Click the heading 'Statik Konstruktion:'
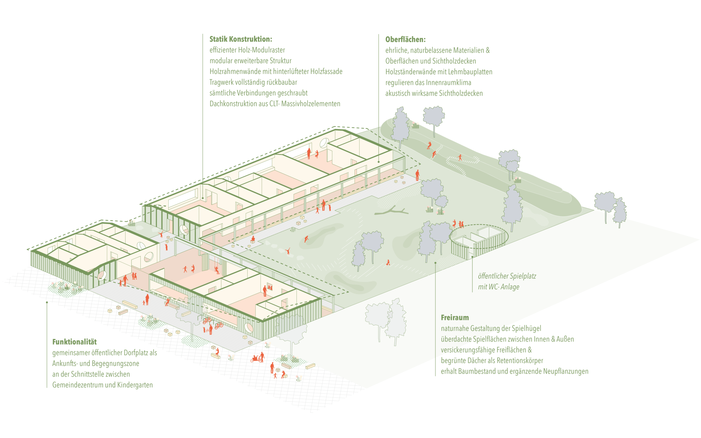[x=241, y=39]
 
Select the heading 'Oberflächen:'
[x=405, y=39]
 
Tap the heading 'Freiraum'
[x=455, y=318]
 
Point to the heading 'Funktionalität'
[x=74, y=342]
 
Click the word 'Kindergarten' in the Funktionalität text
[x=135, y=385]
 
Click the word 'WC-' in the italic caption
[x=494, y=287]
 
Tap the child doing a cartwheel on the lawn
[x=288, y=251]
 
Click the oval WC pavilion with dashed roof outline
[x=478, y=240]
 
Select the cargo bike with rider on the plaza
[x=257, y=359]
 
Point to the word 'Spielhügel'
[x=526, y=328]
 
